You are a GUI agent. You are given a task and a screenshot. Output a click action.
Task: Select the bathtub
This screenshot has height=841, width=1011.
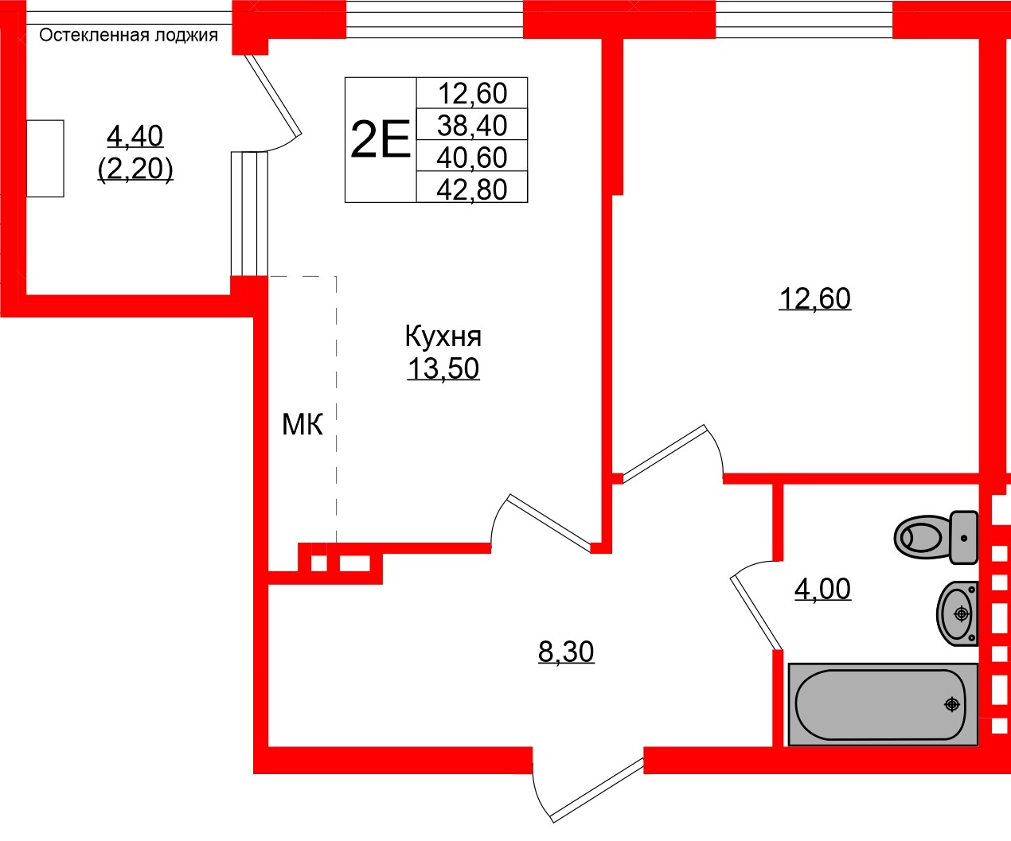pos(882,705)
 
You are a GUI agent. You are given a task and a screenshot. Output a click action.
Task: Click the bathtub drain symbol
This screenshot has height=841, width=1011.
pos(951,704)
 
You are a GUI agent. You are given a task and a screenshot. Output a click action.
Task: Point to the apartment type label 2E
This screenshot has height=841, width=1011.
pos(381,140)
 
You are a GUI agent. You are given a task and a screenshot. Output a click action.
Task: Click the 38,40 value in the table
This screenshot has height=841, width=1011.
pos(472,125)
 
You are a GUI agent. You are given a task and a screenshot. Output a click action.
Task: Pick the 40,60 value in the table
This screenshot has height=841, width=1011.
pos(472,158)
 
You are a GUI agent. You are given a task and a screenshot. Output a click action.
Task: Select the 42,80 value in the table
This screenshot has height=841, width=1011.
pos(472,189)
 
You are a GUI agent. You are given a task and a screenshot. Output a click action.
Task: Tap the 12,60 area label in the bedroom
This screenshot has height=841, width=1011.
pos(814,299)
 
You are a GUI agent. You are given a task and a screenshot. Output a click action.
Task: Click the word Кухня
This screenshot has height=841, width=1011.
pos(443,337)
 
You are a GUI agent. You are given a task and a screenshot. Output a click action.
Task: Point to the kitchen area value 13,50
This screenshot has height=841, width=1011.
pos(443,369)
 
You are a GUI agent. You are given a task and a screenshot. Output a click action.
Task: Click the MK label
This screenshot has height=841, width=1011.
pos(303,425)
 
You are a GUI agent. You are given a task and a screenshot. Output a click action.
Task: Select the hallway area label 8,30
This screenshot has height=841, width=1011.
pos(566,652)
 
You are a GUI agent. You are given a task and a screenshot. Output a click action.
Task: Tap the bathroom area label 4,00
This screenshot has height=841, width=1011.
pos(822,590)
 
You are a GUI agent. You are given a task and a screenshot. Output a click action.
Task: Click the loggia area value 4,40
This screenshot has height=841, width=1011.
pos(135,137)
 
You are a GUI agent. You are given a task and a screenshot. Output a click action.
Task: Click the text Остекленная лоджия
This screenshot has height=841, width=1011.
pos(128,35)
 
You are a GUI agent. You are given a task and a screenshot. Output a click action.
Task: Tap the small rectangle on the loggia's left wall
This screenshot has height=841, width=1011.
pos(45,158)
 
